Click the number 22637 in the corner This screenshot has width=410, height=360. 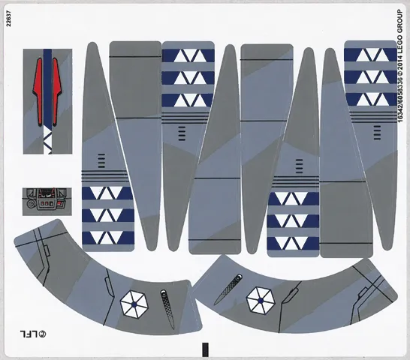pyautogui.click(x=8, y=19)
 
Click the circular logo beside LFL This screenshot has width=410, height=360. pyautogui.click(x=43, y=334)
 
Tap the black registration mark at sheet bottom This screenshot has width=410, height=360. pyautogui.click(x=206, y=349)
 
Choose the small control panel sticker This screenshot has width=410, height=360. pyautogui.click(x=47, y=202)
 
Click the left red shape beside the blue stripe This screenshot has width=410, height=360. pyautogui.click(x=38, y=91)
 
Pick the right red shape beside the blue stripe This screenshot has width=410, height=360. pyautogui.click(x=57, y=91)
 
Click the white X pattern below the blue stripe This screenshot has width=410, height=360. pyautogui.click(x=47, y=139)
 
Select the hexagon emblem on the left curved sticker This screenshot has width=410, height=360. pyautogui.click(x=134, y=304)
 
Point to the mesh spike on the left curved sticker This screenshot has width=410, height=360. pyautogui.click(x=167, y=309)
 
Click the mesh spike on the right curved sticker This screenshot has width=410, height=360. pyautogui.click(x=228, y=289)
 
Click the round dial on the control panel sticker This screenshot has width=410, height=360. pyautogui.click(x=32, y=203)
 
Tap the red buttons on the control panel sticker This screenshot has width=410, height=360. pyautogui.click(x=47, y=203)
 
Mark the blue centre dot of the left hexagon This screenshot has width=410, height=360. pyautogui.click(x=134, y=304)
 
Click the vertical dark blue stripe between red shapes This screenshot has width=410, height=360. pyautogui.click(x=47, y=88)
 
